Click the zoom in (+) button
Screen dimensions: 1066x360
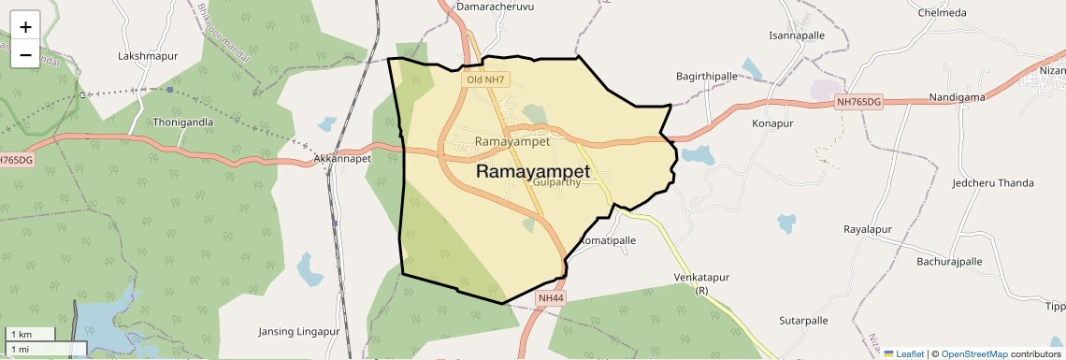tap(25, 27)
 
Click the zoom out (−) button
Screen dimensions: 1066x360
tap(25, 55)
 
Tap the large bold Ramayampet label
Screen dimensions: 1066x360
tap(533, 172)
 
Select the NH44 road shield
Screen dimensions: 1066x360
tap(552, 298)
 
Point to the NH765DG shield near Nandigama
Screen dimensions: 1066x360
tap(859, 101)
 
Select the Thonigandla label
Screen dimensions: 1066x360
tap(183, 122)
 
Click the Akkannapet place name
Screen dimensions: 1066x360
tap(343, 159)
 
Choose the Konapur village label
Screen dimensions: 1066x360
tap(772, 123)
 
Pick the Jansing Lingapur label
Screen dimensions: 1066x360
tap(296, 331)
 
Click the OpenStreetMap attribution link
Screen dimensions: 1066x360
tap(973, 354)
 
